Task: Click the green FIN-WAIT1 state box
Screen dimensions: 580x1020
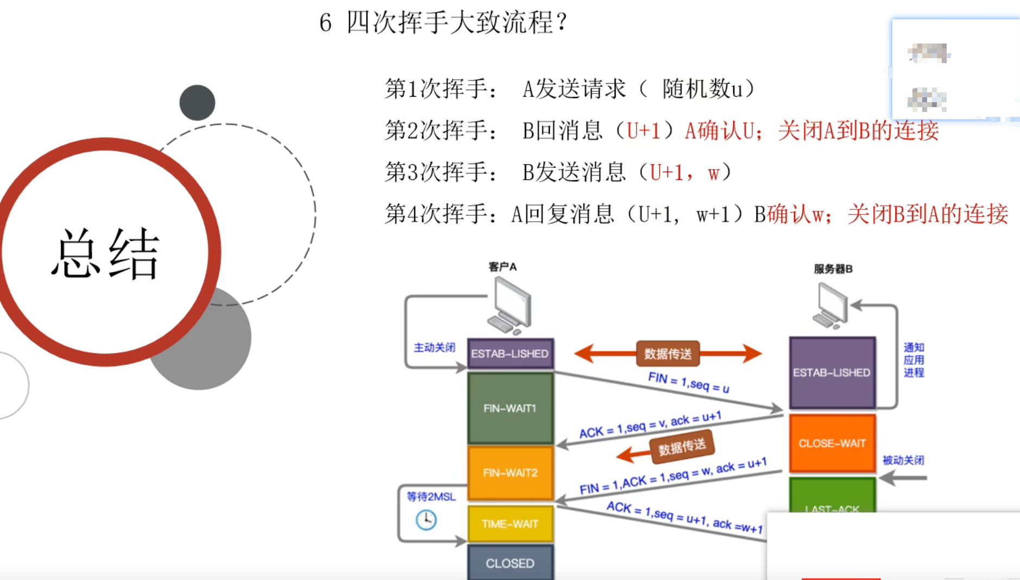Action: click(510, 408)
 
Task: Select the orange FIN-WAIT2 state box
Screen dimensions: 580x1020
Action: click(510, 473)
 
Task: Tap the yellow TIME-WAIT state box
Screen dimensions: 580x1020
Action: click(510, 524)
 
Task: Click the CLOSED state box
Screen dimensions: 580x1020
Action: click(510, 563)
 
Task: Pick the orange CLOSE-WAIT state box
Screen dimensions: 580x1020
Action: click(832, 443)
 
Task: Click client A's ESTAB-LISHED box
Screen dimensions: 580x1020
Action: click(510, 353)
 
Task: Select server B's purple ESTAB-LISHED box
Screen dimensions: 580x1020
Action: click(832, 372)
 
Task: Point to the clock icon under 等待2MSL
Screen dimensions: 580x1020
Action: click(426, 520)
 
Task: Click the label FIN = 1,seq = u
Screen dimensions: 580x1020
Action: click(689, 382)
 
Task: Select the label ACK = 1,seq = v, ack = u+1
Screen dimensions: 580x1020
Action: click(650, 425)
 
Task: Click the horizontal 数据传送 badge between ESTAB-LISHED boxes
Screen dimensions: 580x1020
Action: click(668, 354)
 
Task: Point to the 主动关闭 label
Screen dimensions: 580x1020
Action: click(435, 347)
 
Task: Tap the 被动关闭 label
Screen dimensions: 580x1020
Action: click(903, 460)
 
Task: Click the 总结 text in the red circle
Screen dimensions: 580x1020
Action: click(105, 254)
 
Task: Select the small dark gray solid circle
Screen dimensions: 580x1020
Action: click(197, 103)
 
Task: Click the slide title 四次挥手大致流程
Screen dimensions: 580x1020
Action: click(456, 23)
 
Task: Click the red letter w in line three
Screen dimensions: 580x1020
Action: click(713, 173)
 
